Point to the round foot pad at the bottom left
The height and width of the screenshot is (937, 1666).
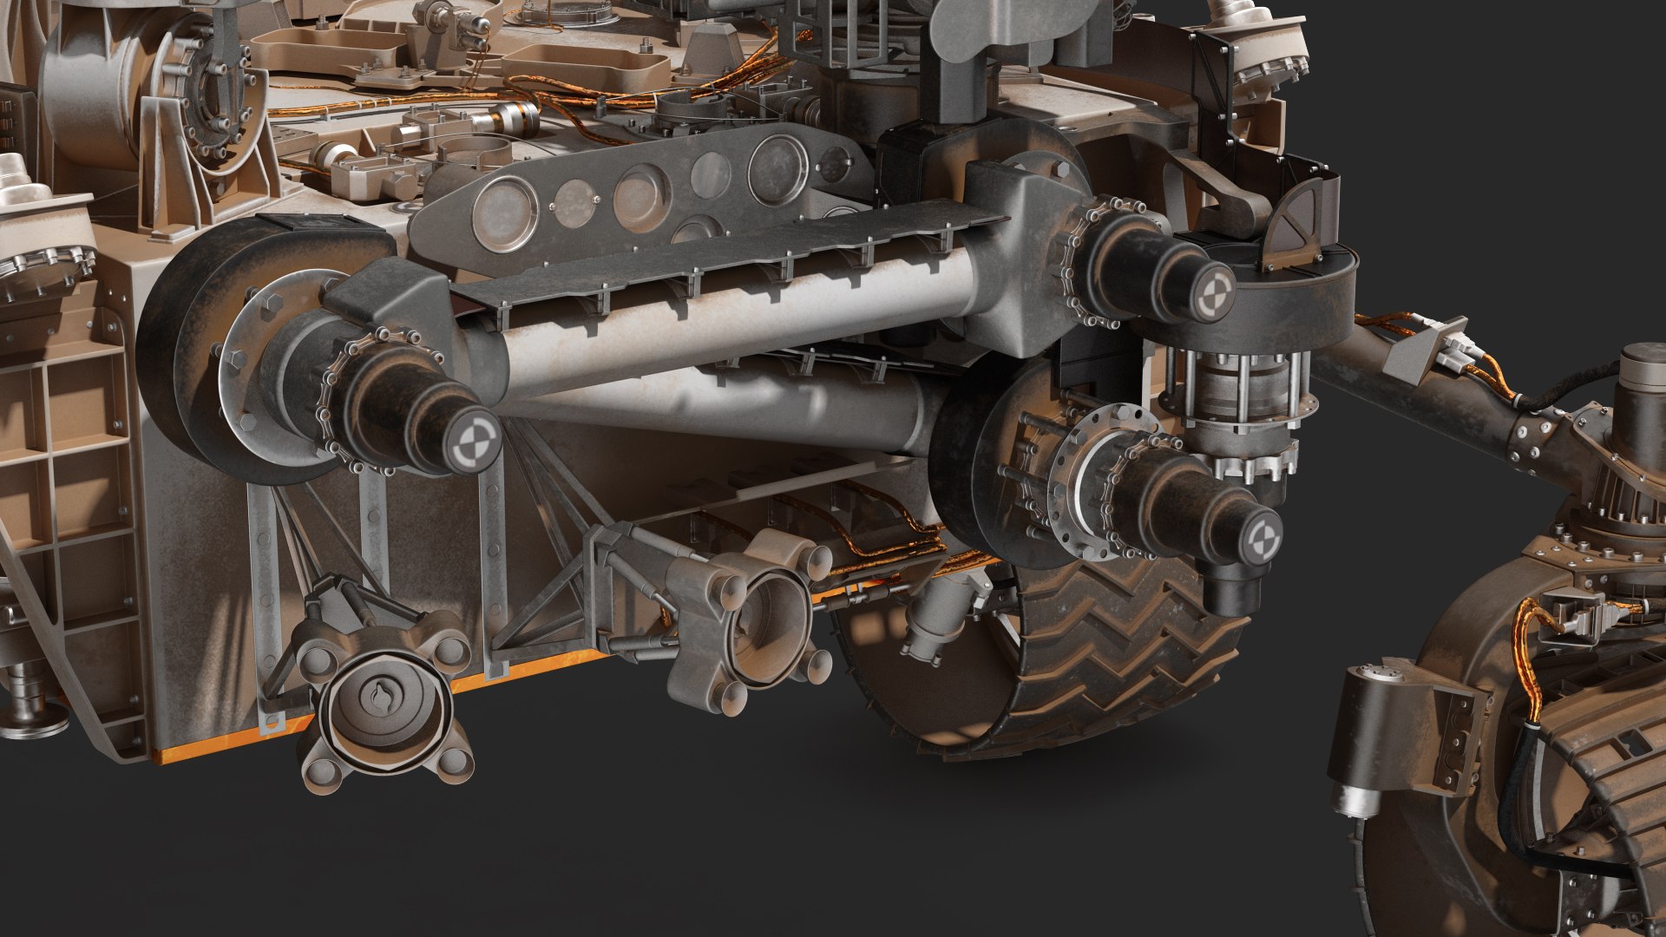(x=35, y=713)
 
